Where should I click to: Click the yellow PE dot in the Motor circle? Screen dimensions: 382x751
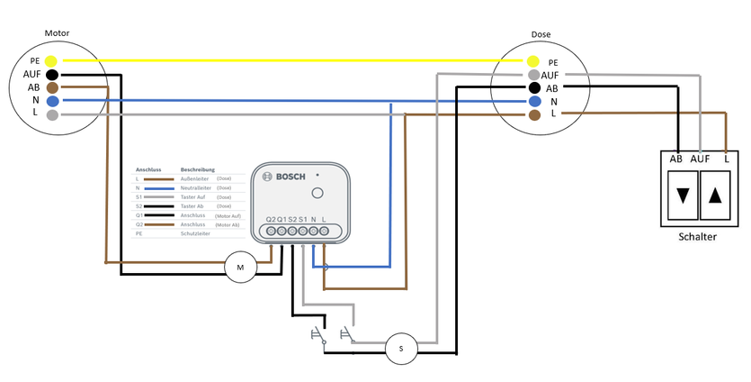point(52,60)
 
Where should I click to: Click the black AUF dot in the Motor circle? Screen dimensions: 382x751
point(52,74)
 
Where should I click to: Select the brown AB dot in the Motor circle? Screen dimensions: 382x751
point(52,88)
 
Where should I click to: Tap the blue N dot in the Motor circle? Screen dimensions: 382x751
point(52,102)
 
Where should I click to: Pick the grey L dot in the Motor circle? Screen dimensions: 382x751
point(52,115)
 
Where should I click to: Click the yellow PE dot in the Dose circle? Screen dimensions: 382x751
point(533,60)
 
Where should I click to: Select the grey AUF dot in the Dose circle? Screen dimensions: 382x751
point(533,75)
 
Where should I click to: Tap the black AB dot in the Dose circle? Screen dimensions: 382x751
point(533,88)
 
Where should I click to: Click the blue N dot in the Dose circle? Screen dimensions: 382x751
point(533,102)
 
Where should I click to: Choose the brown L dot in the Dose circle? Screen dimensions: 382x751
point(533,115)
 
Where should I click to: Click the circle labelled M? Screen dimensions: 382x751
point(240,268)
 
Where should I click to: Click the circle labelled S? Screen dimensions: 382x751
point(401,349)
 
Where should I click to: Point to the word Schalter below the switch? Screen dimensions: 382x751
point(698,236)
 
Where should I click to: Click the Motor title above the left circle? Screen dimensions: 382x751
point(57,33)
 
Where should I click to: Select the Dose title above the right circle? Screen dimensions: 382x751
point(541,34)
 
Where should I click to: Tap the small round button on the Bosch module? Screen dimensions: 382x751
point(317,193)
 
